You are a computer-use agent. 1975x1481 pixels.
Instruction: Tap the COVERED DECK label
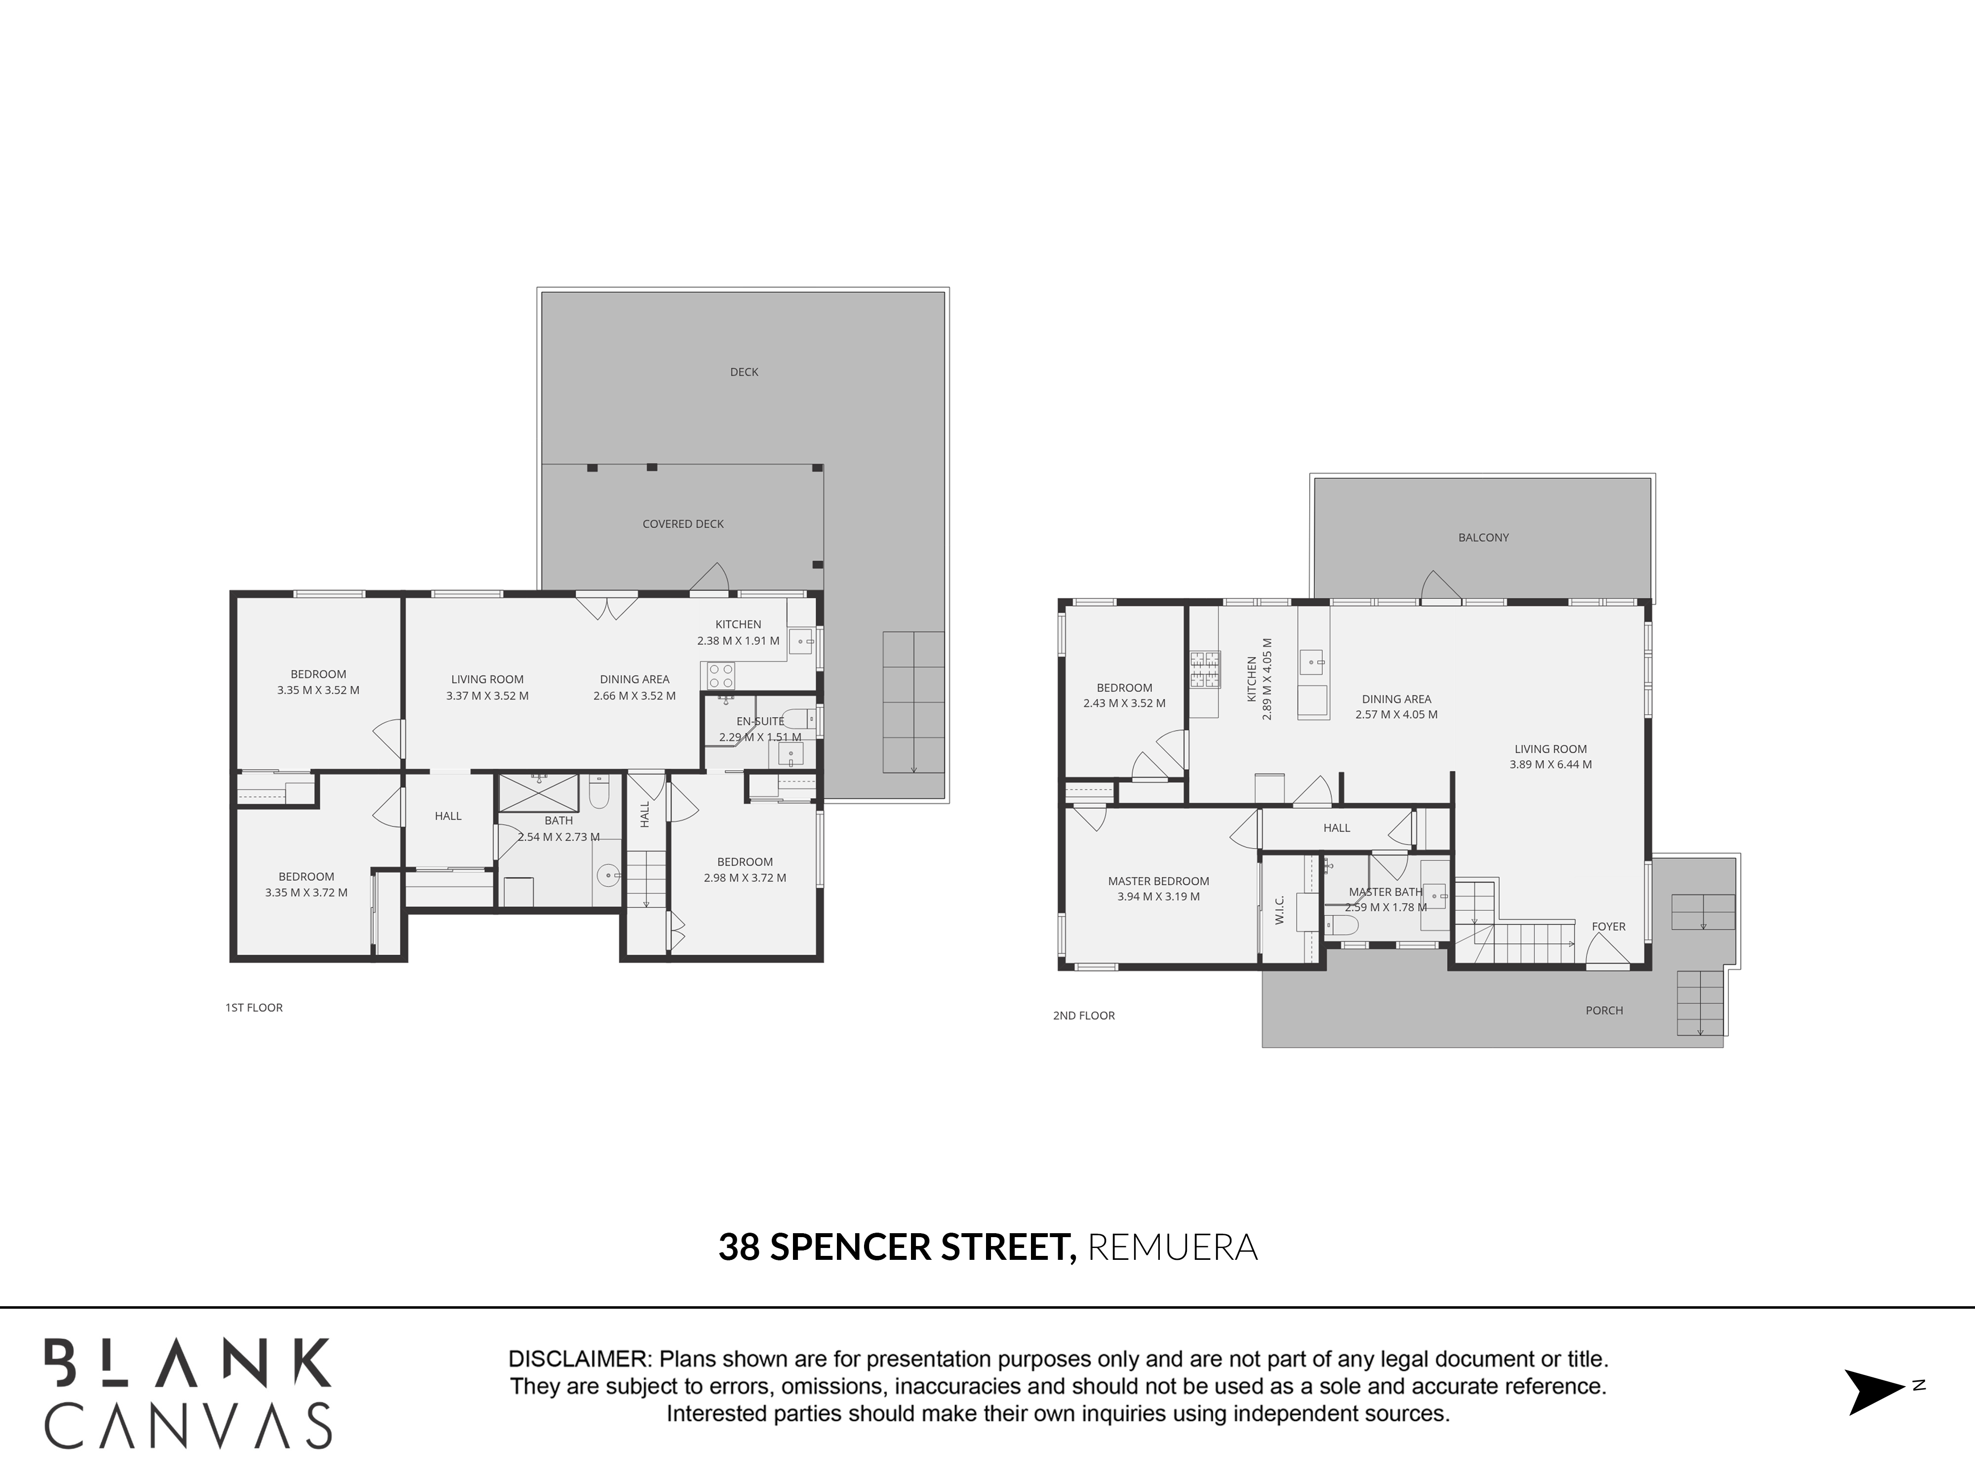[683, 524]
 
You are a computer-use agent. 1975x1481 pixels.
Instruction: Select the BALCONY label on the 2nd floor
[1483, 538]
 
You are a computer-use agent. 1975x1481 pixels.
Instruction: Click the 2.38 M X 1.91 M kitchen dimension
[738, 641]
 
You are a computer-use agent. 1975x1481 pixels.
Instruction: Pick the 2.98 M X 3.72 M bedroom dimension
[745, 878]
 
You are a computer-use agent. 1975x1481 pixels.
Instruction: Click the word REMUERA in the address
[1172, 1247]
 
